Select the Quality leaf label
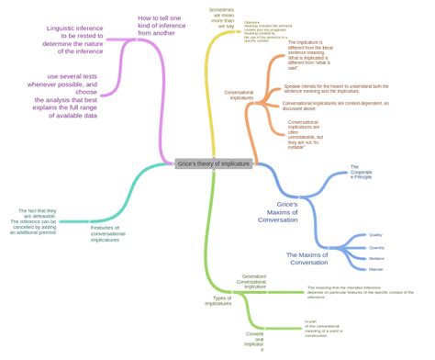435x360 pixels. (375, 235)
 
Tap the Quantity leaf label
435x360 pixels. (376, 247)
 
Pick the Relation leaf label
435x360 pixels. (376, 258)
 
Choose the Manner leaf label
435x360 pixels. (375, 269)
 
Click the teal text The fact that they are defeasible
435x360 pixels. (35, 220)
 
